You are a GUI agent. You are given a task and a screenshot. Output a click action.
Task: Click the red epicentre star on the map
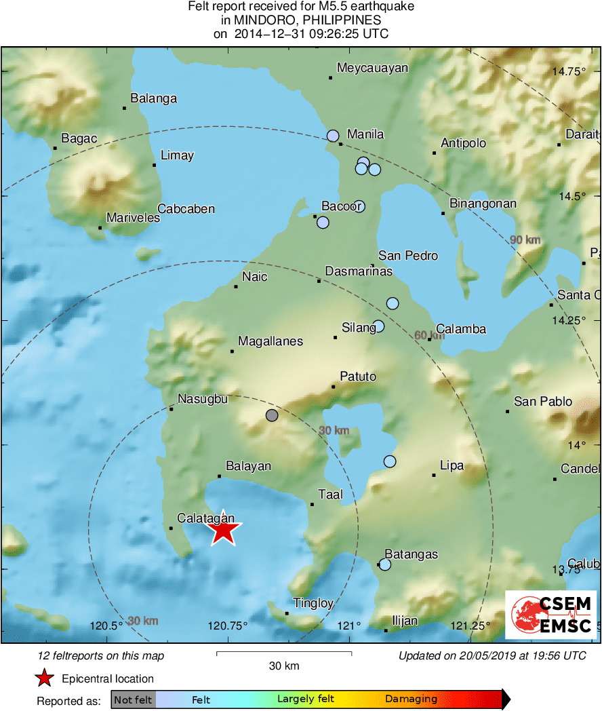[x=223, y=529]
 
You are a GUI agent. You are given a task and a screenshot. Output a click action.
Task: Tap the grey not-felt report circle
[x=272, y=415]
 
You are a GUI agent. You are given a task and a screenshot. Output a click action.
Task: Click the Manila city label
[x=365, y=134]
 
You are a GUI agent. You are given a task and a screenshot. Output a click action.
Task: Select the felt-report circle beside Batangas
[x=385, y=564]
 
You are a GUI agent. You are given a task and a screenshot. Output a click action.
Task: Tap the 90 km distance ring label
[x=525, y=240]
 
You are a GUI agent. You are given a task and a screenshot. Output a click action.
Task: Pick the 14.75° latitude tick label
[x=567, y=71]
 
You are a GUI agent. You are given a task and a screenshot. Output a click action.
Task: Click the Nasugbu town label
[x=202, y=399]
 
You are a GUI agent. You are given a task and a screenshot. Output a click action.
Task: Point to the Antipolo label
[x=464, y=143]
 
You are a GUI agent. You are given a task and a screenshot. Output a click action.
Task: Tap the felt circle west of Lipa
[x=390, y=461]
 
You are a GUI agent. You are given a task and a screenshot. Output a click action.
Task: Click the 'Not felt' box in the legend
[x=133, y=699]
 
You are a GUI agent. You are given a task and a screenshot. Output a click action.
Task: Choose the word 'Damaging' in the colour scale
[x=411, y=699]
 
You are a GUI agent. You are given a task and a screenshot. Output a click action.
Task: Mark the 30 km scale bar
[x=284, y=653]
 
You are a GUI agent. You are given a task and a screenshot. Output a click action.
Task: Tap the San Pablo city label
[x=543, y=402]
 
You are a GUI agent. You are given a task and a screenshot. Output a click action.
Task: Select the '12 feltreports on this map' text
[x=101, y=656]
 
